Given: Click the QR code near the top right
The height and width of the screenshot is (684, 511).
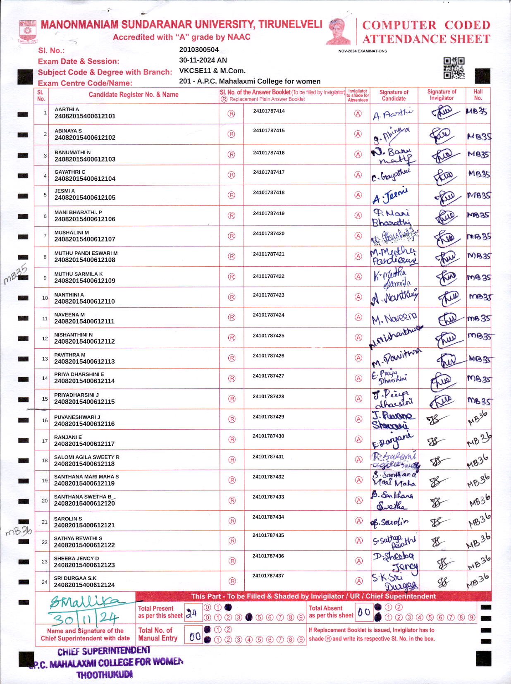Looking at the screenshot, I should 454,68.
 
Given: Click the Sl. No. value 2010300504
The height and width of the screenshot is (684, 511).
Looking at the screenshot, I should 198,50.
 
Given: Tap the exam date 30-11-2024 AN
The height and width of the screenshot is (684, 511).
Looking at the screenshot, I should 203,60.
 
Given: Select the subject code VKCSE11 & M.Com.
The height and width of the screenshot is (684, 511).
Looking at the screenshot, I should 212,71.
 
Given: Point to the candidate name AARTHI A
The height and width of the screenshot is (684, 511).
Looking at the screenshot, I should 67,110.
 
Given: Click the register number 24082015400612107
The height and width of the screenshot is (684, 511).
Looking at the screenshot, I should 85,239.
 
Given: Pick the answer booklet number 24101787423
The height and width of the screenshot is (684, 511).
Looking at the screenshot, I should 269,295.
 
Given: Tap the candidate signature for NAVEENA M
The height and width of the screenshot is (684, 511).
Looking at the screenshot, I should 394,318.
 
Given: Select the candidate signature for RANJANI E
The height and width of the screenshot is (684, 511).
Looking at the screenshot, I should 393,440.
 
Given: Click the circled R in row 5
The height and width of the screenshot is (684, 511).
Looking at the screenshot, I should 232,195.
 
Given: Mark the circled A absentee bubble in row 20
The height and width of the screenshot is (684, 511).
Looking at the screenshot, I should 358,500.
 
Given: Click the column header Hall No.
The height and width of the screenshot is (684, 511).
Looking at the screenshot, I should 478,95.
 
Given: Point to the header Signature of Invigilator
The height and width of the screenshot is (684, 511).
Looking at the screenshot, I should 442,95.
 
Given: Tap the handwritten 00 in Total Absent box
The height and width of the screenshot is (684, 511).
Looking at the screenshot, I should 364,612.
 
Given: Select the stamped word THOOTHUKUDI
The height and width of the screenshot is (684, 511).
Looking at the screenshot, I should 104,675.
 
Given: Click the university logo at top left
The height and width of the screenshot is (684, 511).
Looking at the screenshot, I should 28,32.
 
